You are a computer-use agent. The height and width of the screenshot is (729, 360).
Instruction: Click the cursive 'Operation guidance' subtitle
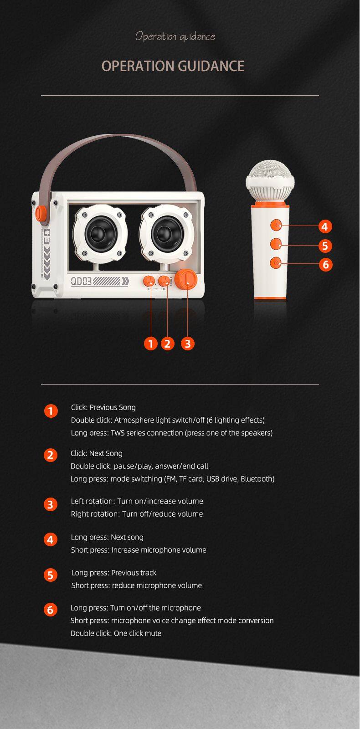pos(175,36)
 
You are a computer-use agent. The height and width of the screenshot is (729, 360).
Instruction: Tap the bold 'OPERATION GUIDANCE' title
pos(173,66)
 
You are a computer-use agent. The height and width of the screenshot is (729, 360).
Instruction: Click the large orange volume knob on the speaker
pos(186,280)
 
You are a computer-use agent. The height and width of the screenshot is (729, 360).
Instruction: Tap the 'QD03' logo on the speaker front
pos(82,281)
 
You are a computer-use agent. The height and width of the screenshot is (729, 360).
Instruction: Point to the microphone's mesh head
pos(270,173)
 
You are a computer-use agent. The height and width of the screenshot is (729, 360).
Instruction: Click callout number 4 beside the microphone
pos(325,226)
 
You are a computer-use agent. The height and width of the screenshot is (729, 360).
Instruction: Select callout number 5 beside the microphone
pos(325,246)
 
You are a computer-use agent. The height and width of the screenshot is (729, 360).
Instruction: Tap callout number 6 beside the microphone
pos(325,265)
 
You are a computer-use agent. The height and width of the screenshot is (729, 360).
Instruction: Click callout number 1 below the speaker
pos(150,344)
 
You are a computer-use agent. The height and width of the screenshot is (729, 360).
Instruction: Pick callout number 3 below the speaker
pos(187,344)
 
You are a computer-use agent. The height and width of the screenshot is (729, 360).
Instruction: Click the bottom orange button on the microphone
pos(276,262)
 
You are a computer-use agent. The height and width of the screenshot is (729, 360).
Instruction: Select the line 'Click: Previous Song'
pos(103,407)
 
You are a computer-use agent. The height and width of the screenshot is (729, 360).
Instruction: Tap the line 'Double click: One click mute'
pos(116,633)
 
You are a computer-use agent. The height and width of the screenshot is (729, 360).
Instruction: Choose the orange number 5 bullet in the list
pos(51,575)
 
